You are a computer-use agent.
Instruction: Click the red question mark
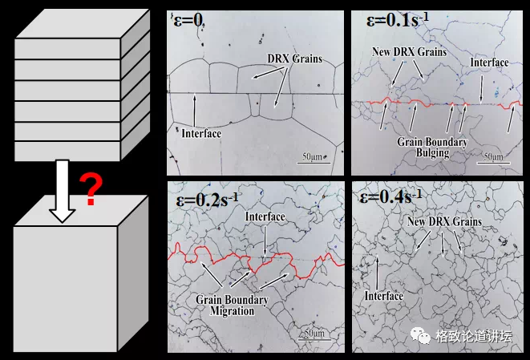(91, 189)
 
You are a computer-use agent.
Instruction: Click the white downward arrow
(63, 191)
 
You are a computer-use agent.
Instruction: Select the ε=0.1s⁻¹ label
(398, 20)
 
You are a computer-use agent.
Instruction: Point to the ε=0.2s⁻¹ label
(207, 200)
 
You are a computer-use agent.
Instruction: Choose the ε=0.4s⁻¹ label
(390, 196)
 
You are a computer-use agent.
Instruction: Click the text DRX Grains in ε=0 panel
(295, 59)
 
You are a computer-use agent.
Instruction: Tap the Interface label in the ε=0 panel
(201, 134)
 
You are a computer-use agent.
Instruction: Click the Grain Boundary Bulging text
(432, 147)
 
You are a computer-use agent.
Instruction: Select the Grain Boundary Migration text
(232, 305)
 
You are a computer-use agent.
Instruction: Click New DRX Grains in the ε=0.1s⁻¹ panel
(410, 52)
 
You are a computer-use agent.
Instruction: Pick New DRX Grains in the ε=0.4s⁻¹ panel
(444, 222)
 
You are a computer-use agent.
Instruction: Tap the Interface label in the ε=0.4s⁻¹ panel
(384, 296)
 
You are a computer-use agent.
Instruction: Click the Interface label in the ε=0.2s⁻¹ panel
(265, 216)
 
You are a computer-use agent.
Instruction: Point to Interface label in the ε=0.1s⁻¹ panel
(489, 63)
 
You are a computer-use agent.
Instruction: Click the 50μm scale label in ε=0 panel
(313, 156)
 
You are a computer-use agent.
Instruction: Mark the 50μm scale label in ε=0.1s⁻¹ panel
(493, 156)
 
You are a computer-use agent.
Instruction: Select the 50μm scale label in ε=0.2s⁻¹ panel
(314, 333)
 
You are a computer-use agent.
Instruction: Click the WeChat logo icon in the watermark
(420, 335)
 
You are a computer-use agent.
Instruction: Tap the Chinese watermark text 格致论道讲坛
(474, 336)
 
